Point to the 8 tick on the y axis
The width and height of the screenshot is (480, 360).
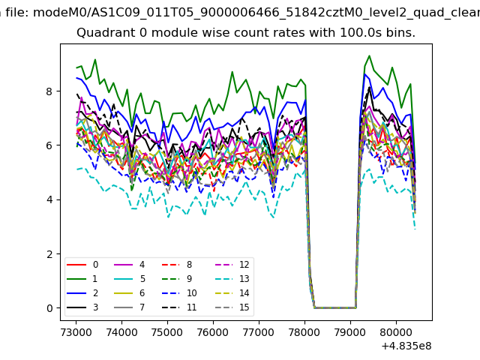[x=60, y=91]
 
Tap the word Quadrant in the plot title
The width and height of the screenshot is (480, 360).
[x=103, y=34]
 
